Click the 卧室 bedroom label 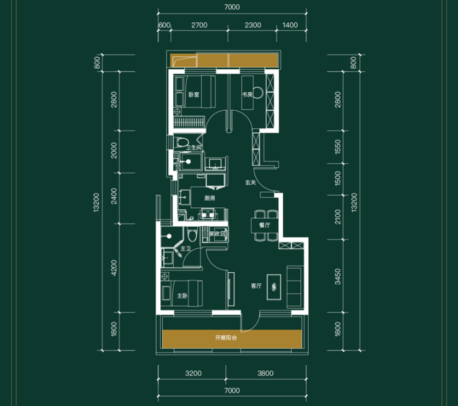pyautogui.click(x=194, y=95)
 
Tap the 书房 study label pyautogui.click(x=247, y=94)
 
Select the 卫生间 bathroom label pyautogui.click(x=194, y=147)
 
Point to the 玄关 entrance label pyautogui.click(x=250, y=183)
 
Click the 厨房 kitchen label pyautogui.click(x=210, y=198)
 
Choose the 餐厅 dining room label pyautogui.click(x=265, y=225)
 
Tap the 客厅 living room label pyautogui.click(x=256, y=286)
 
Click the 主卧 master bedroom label pyautogui.click(x=182, y=296)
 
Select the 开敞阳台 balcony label pyautogui.click(x=226, y=338)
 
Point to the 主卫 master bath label pyautogui.click(x=186, y=249)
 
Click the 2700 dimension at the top pyautogui.click(x=199, y=25)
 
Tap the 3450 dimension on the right pyautogui.click(x=338, y=277)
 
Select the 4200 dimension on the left pyautogui.click(x=114, y=268)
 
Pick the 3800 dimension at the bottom pyautogui.click(x=266, y=373)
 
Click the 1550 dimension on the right pyautogui.click(x=338, y=147)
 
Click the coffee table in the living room pyautogui.click(x=274, y=287)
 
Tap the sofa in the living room pyautogui.click(x=294, y=287)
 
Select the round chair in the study pyautogui.click(x=258, y=93)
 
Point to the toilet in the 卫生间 pyautogui.click(x=181, y=142)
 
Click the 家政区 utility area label pyautogui.click(x=218, y=234)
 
